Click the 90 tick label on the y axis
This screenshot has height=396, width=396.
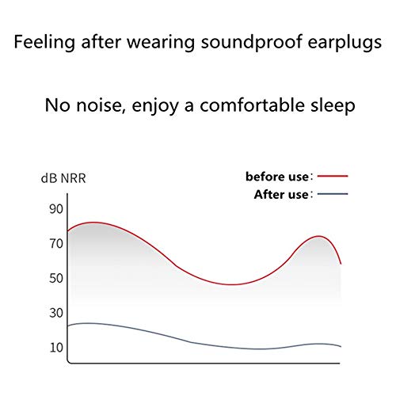click(56, 209)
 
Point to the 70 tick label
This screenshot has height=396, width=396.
click(56, 244)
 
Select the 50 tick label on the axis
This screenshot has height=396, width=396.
click(56, 278)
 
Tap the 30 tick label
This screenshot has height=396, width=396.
click(56, 313)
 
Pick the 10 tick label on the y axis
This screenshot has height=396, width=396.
click(56, 348)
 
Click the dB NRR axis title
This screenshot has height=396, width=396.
click(63, 178)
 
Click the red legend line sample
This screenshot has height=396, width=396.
click(333, 176)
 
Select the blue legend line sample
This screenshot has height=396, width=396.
click(333, 194)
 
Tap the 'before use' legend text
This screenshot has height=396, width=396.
click(277, 177)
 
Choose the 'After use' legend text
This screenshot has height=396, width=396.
click(281, 195)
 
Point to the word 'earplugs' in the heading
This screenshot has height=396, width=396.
click(345, 43)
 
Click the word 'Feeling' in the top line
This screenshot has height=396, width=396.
click(44, 42)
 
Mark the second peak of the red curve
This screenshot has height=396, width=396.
click(319, 236)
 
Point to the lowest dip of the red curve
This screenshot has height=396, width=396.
click(230, 284)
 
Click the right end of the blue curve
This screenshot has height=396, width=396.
click(341, 346)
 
